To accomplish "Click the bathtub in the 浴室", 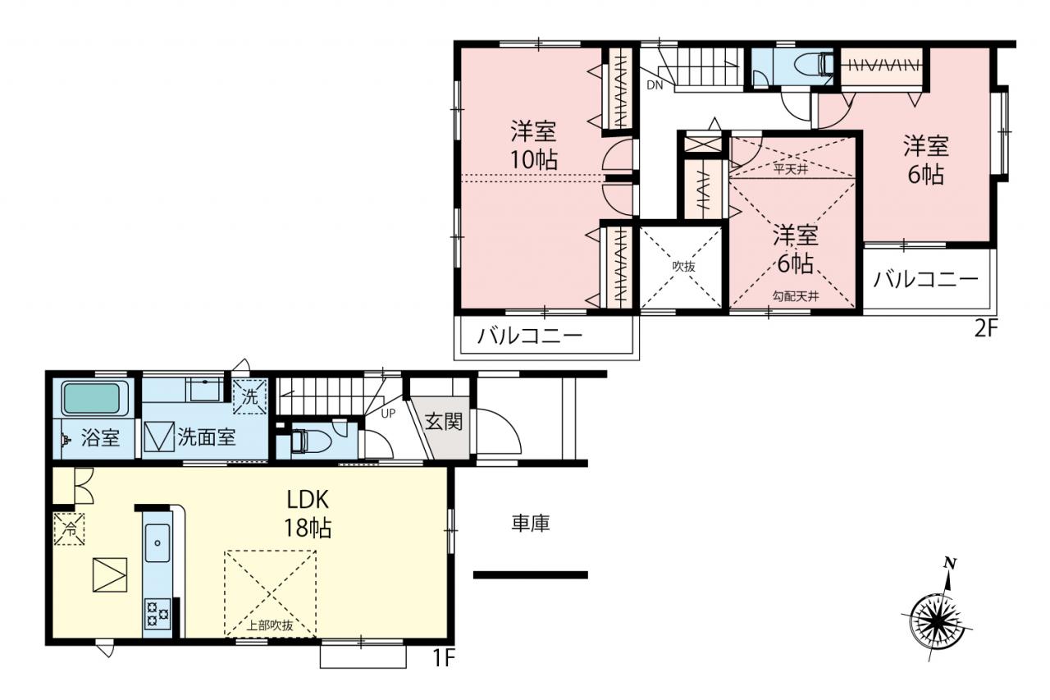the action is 91,398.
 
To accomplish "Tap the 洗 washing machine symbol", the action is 249,396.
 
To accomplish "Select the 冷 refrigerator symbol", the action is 70,528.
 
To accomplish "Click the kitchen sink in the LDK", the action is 157,543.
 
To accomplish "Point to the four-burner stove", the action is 157,614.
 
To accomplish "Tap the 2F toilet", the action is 815,65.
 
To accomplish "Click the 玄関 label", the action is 444,421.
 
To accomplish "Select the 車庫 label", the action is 530,524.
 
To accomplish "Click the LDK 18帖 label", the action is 308,514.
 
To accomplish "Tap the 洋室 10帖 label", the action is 533,145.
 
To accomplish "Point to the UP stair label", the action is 388,414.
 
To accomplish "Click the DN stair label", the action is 655,85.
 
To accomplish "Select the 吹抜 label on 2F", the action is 684,267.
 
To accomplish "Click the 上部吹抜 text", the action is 270,625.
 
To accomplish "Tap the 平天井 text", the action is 791,169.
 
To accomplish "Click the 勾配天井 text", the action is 795,296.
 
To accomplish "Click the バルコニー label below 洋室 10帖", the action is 530,336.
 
